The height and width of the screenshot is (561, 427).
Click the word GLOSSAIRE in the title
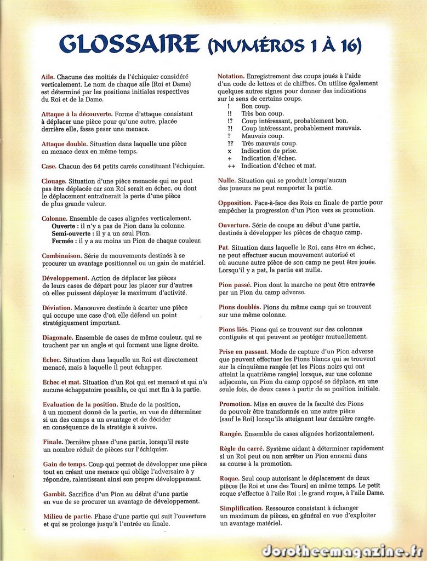click(x=129, y=44)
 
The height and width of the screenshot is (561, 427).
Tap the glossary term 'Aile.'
click(x=48, y=77)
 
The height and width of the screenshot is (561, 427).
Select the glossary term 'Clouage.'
click(x=54, y=181)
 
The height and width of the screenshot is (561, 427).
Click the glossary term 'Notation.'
click(x=231, y=76)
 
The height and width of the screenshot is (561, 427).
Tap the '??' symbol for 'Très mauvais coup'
click(x=230, y=143)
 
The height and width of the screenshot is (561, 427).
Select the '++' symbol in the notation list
click(x=231, y=165)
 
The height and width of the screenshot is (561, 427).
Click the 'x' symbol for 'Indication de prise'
click(x=230, y=151)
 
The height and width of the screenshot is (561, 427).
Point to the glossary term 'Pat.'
click(x=224, y=248)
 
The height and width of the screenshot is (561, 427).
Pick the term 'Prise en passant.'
click(x=243, y=351)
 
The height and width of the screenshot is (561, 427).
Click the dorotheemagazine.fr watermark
click(x=342, y=551)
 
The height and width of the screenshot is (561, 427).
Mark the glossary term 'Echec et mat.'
click(x=61, y=382)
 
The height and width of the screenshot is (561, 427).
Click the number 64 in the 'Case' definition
click(x=105, y=166)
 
